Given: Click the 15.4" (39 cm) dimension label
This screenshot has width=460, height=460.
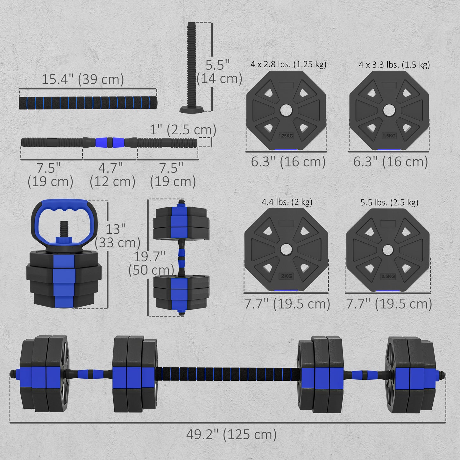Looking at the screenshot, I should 83,79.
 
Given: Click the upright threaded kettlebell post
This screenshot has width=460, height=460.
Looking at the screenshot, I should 192,67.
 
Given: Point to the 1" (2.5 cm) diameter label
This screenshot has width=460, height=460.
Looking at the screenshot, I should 183,130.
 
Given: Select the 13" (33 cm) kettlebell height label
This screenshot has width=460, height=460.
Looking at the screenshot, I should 117,236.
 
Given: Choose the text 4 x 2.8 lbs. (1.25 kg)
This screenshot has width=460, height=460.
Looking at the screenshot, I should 288,64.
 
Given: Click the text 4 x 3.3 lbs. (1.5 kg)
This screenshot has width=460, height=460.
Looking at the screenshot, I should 394,65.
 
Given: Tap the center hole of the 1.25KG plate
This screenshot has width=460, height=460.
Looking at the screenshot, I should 286,110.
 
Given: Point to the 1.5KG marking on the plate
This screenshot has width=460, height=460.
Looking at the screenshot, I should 389,136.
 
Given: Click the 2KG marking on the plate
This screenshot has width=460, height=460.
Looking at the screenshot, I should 286,276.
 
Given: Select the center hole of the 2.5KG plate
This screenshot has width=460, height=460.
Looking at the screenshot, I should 388,250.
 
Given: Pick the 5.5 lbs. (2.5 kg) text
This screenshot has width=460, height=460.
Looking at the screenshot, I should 389,202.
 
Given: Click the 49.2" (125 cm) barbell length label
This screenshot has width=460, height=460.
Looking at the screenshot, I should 231,434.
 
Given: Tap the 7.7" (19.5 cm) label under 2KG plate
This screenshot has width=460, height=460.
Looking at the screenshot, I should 287,304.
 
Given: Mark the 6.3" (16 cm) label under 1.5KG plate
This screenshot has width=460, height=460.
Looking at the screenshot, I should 390,162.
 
